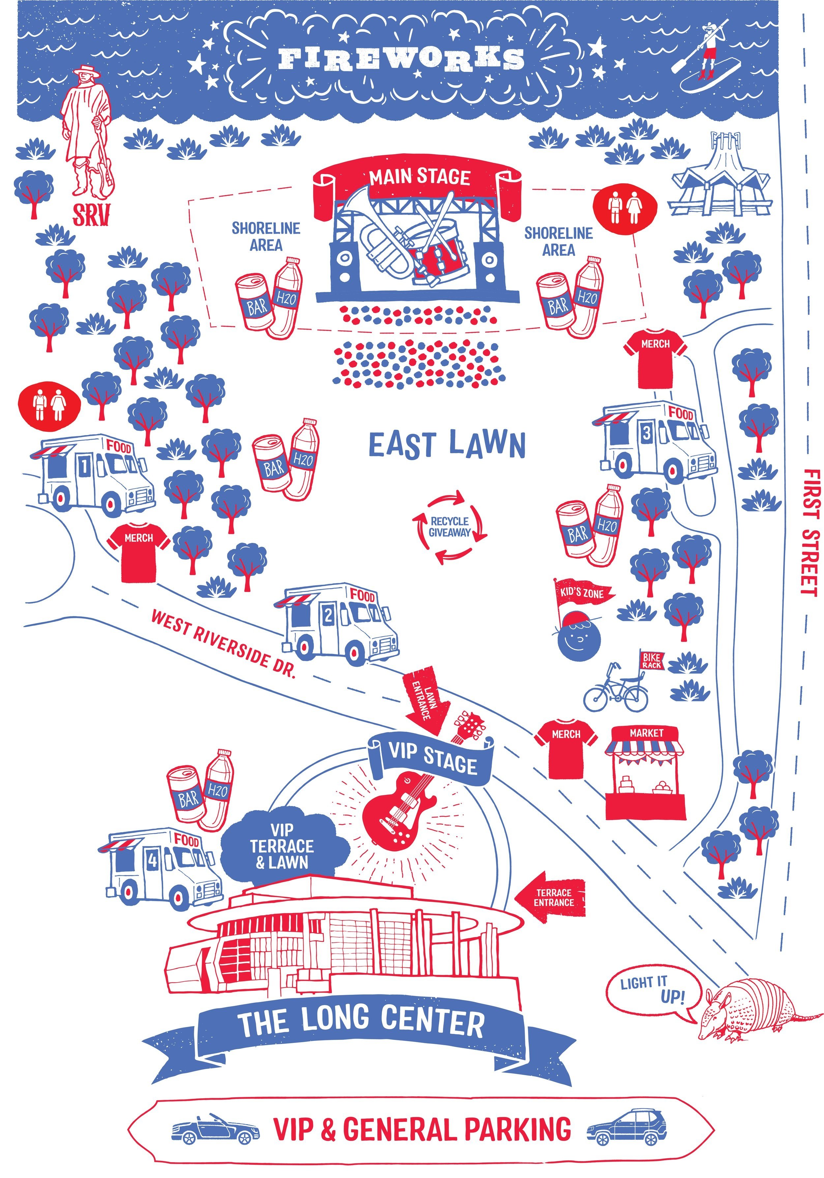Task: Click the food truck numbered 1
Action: coord(92,475)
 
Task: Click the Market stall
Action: coord(645,772)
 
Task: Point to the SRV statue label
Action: coord(91,215)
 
